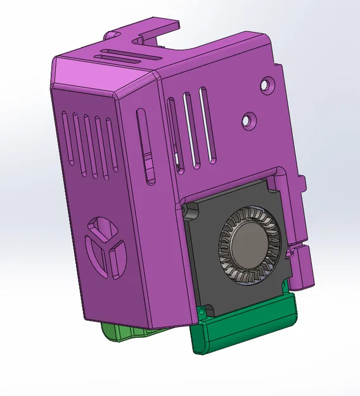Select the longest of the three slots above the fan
[204, 124]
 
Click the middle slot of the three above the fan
[188, 127]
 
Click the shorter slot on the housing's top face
[121, 48]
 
